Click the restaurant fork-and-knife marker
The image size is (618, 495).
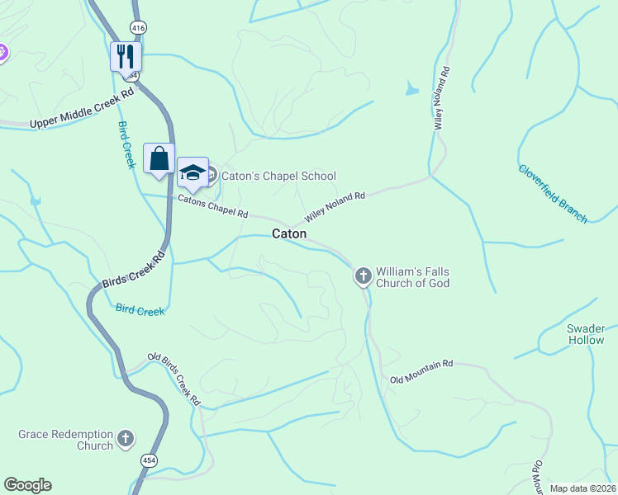(x=126, y=56)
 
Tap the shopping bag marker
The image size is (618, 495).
(x=159, y=158)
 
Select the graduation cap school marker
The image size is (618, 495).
(x=193, y=172)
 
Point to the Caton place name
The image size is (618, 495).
(x=289, y=234)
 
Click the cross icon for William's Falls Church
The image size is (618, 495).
(x=363, y=276)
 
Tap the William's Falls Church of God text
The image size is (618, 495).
(x=413, y=277)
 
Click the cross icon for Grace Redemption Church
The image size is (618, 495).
(x=126, y=439)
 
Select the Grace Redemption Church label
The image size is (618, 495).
(x=66, y=440)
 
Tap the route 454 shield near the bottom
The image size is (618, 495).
(x=149, y=460)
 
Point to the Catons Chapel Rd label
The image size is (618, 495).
(x=213, y=207)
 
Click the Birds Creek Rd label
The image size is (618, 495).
(x=134, y=269)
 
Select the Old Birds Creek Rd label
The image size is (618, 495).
(x=174, y=379)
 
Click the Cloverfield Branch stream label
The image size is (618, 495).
(x=553, y=193)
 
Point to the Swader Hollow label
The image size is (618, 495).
(x=586, y=334)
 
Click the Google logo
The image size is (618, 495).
(x=27, y=485)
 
